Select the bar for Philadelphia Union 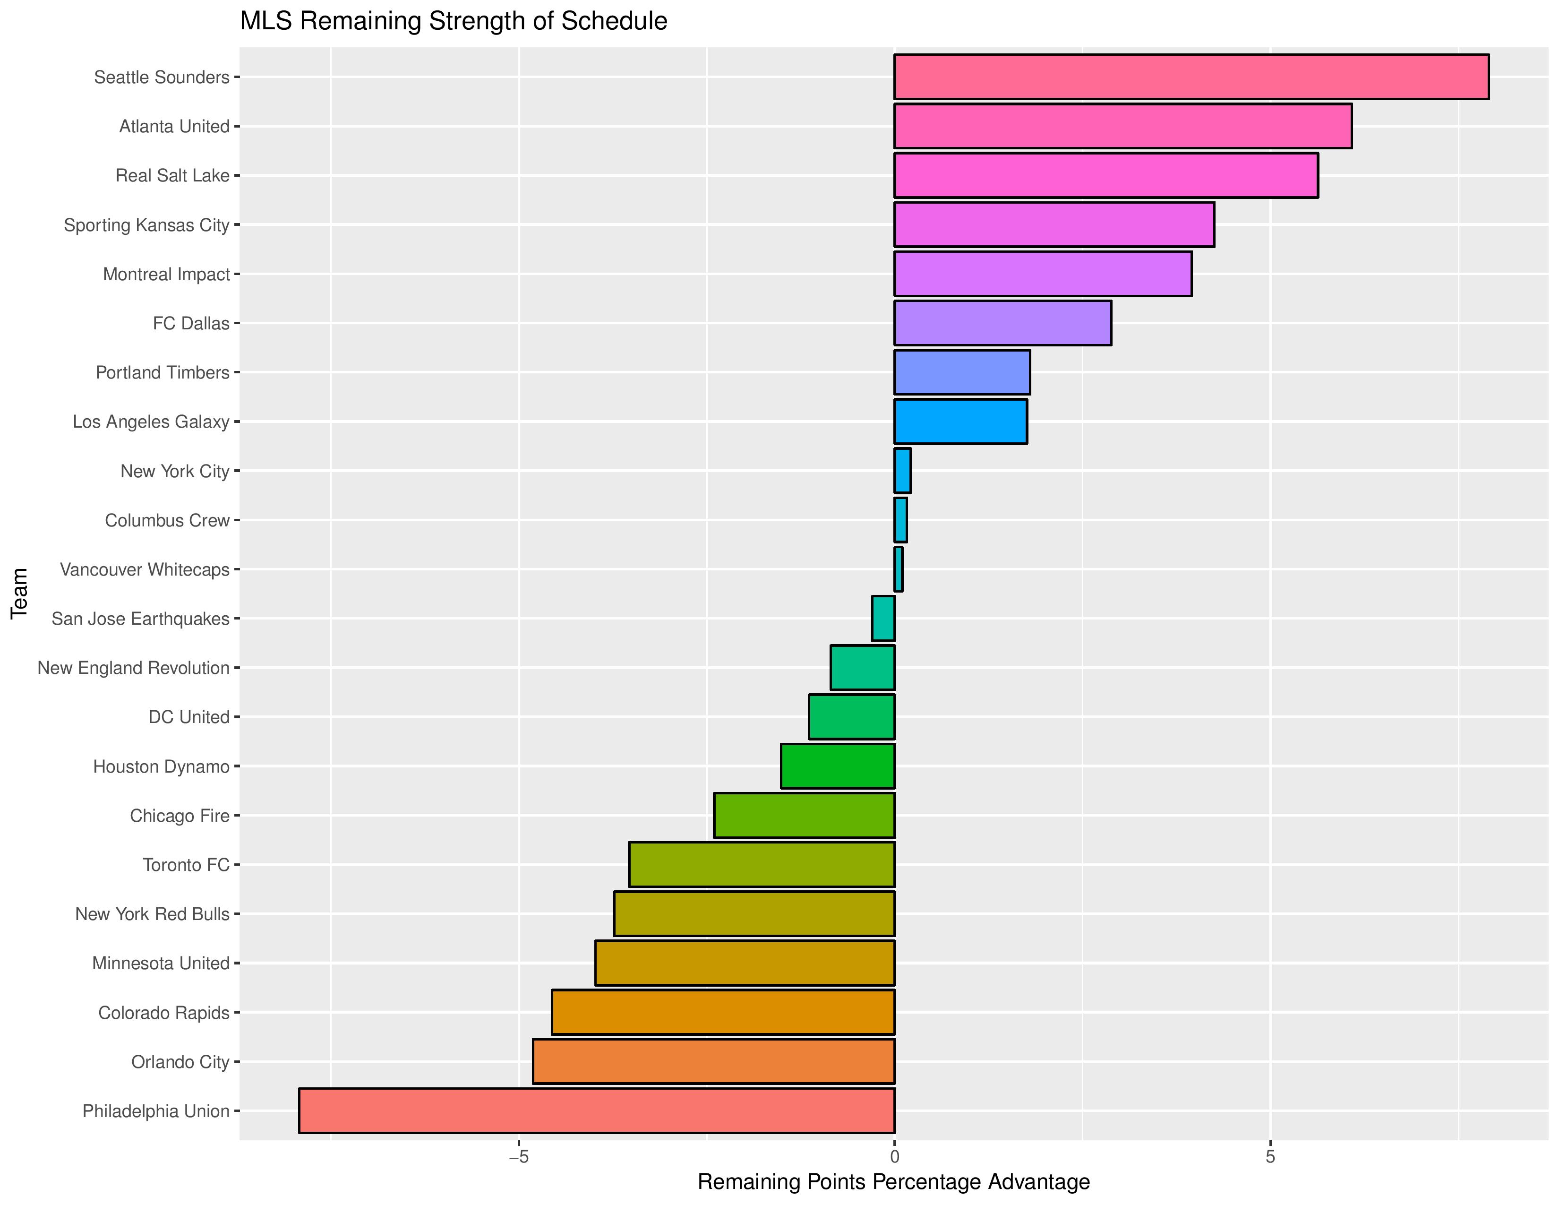[x=597, y=1111]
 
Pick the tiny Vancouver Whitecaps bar [x=899, y=569]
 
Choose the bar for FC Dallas [x=1002, y=323]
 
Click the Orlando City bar [x=714, y=1061]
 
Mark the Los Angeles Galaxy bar [x=960, y=421]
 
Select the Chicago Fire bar [x=805, y=815]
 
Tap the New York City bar [x=902, y=471]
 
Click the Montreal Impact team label [x=166, y=274]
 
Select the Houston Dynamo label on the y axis [x=161, y=766]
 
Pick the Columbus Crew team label [x=167, y=520]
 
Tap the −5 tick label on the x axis [x=518, y=1156]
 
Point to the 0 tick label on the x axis [x=894, y=1156]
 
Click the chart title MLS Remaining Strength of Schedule [x=453, y=21]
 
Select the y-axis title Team [x=19, y=593]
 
